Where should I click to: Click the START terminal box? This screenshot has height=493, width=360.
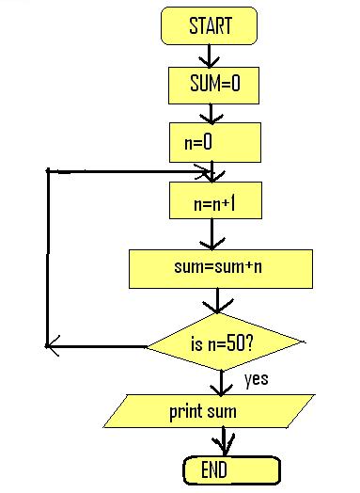pos(210,25)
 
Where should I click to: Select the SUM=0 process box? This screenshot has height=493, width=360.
pos(214,86)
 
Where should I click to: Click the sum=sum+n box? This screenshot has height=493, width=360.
pos(219,267)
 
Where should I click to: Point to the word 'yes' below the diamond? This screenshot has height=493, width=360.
pos(257,380)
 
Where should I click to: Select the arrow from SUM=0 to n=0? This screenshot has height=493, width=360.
pos(214,113)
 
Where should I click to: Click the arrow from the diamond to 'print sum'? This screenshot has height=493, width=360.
pos(222,381)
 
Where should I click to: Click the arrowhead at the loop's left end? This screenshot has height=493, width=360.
pos(53,344)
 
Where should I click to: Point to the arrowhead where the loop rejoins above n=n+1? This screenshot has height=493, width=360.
pos(207,172)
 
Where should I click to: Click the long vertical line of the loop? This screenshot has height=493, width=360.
pos(47,259)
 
